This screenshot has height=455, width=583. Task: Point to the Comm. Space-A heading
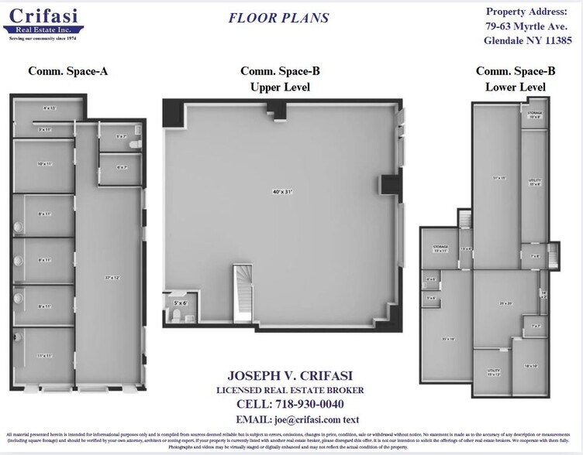[x=67, y=71]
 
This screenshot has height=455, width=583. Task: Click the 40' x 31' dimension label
[x=282, y=192]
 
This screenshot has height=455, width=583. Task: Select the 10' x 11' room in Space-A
[x=44, y=164]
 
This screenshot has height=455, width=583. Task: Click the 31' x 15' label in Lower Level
[x=498, y=178]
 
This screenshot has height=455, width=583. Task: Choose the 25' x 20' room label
[x=506, y=303]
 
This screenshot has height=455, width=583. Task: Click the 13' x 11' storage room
[x=440, y=249]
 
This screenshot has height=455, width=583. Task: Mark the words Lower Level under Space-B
[x=515, y=87]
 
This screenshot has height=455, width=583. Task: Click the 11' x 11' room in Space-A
[x=44, y=356]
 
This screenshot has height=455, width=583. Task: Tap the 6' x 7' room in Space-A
[x=122, y=167]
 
